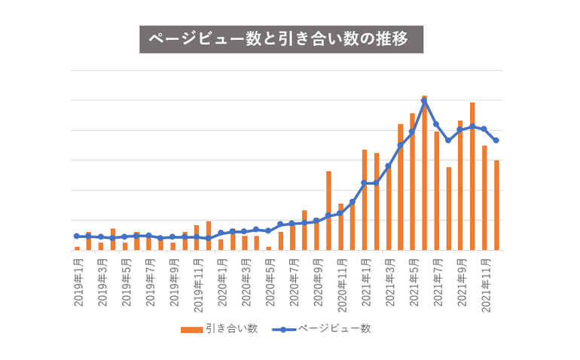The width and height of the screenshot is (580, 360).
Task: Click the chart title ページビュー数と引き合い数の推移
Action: click(x=281, y=39)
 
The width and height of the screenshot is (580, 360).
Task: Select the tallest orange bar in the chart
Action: click(x=424, y=173)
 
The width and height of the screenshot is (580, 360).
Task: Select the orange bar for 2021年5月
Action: click(x=412, y=182)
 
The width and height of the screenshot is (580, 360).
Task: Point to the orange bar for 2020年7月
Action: click(x=292, y=236)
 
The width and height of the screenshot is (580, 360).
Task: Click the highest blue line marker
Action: click(x=424, y=101)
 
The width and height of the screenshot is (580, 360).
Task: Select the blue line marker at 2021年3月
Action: click(x=389, y=166)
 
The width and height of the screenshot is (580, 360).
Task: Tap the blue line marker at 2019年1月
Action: click(x=77, y=236)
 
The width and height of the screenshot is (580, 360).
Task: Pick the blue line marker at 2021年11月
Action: click(x=484, y=129)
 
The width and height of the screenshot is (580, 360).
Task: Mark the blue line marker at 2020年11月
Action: click(x=340, y=213)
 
